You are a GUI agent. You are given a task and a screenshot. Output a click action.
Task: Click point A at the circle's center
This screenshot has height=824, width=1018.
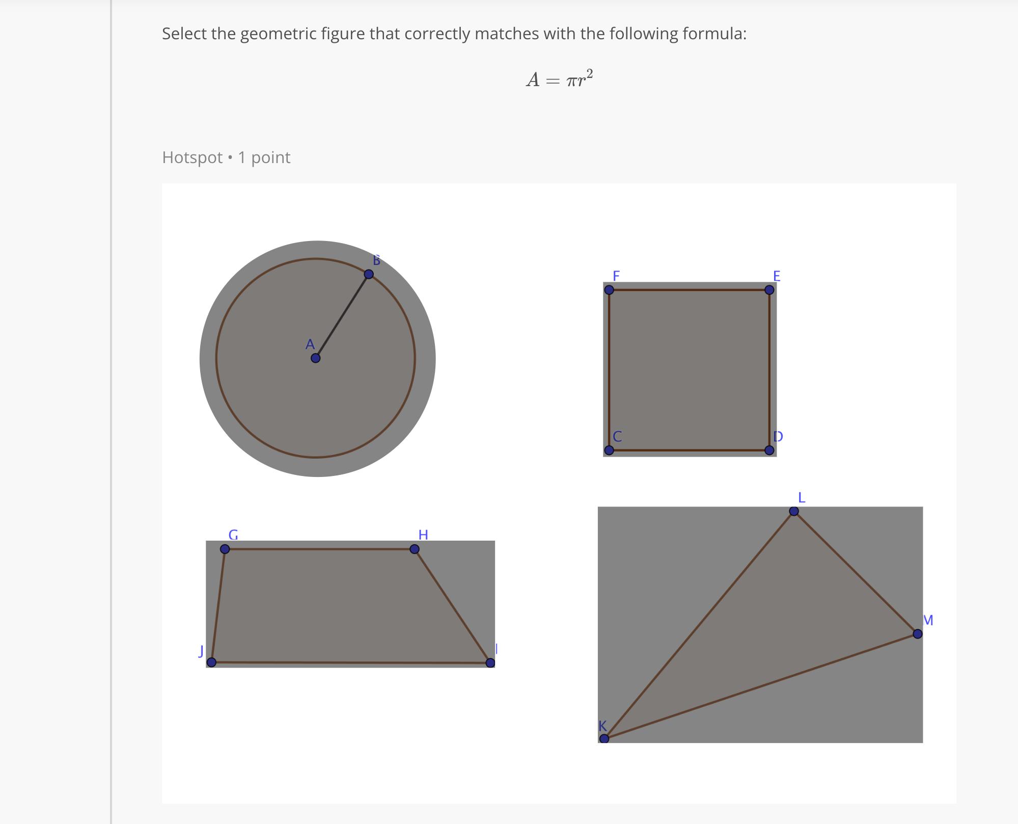point(315,358)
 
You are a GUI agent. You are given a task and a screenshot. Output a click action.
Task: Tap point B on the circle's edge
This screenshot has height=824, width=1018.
point(369,274)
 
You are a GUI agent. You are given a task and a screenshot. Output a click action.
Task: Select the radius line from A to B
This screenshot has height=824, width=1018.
point(342,316)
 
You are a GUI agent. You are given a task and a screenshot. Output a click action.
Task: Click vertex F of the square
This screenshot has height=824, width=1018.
point(609,290)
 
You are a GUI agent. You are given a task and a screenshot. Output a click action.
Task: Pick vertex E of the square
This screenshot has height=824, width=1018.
point(769,290)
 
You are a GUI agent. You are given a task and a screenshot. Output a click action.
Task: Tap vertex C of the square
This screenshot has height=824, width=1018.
point(609,450)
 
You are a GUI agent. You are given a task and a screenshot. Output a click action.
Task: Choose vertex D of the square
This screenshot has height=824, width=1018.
point(769,450)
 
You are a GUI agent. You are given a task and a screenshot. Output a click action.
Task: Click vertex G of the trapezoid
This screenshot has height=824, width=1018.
point(225,549)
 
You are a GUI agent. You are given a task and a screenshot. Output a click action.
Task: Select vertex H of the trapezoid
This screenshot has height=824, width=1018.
point(415,549)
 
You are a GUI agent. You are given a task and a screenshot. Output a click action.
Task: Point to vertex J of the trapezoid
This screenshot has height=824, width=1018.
point(211,662)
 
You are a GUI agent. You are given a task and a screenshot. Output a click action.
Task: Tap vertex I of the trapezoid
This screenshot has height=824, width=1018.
point(490,663)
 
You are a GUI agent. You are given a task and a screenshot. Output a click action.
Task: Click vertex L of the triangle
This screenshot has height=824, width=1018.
point(794,511)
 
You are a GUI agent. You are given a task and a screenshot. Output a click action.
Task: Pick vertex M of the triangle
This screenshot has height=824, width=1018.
point(918,634)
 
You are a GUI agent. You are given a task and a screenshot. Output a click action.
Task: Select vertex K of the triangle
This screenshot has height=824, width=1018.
point(604,738)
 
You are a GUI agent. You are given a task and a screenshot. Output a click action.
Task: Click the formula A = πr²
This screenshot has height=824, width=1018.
point(559,79)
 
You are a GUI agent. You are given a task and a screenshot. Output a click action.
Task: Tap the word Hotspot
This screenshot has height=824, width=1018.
point(192,157)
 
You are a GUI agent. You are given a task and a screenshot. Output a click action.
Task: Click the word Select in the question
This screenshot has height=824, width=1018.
point(184,34)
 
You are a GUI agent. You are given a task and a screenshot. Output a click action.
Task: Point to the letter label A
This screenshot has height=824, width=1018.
point(310,345)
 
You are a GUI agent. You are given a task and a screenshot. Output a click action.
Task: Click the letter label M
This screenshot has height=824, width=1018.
point(928,620)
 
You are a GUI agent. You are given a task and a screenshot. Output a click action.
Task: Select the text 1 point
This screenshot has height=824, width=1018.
point(264,157)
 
